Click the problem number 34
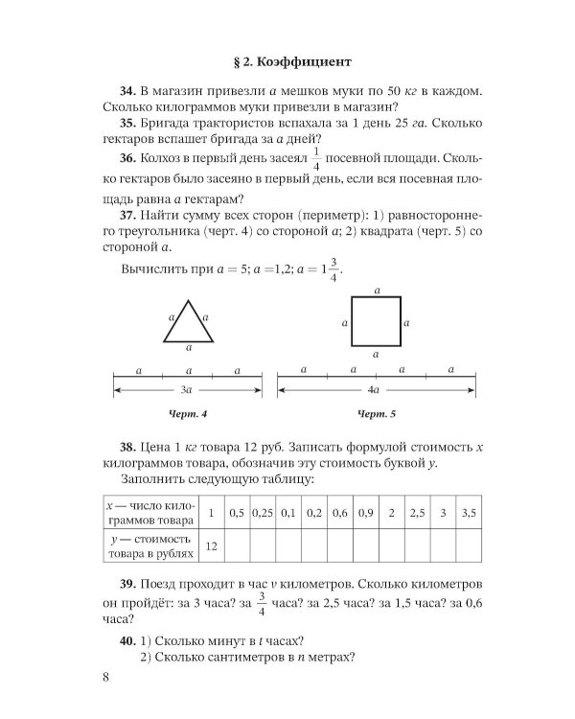(130, 91)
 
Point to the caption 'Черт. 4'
(187, 414)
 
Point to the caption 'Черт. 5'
(377, 414)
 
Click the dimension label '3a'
(187, 390)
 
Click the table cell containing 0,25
(263, 513)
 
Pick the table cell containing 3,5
(468, 513)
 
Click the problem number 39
(130, 585)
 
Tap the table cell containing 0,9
(365, 513)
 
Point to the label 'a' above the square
(377, 289)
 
